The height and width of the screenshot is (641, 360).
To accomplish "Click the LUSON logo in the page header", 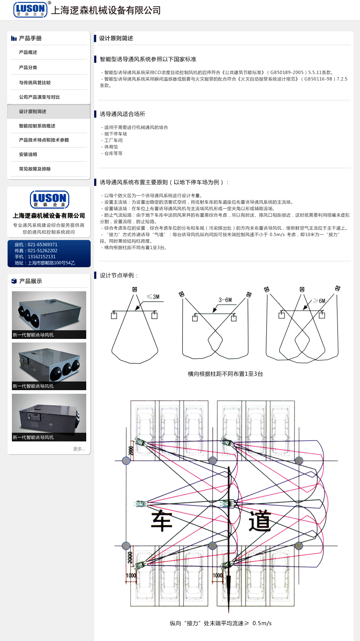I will pyautogui.click(x=31, y=9).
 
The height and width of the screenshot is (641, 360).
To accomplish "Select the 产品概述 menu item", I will pyautogui.click(x=28, y=52).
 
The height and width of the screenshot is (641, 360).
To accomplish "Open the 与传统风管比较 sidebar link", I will pyautogui.click(x=35, y=83).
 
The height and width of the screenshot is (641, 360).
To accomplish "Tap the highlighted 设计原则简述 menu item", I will pyautogui.click(x=33, y=112).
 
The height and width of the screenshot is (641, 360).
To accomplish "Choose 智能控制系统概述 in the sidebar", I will pyautogui.click(x=37, y=126).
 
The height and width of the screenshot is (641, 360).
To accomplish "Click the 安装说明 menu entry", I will pyautogui.click(x=28, y=154).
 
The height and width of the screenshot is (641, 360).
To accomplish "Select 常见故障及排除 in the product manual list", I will pyautogui.click(x=35, y=169).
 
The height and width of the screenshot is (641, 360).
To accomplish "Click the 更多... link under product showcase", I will pyautogui.click(x=79, y=449).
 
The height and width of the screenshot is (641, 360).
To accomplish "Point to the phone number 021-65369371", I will pyautogui.click(x=43, y=245).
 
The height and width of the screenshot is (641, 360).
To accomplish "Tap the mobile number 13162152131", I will pyautogui.click(x=42, y=257).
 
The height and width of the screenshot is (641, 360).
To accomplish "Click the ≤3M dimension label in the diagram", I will pyautogui.click(x=153, y=297).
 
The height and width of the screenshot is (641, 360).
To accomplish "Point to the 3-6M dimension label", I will pyautogui.click(x=225, y=300).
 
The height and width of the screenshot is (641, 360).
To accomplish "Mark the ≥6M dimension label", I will pyautogui.click(x=319, y=301).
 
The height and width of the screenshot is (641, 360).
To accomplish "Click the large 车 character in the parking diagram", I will pyautogui.click(x=161, y=521).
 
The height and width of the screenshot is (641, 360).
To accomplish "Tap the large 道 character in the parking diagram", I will pyautogui.click(x=260, y=521).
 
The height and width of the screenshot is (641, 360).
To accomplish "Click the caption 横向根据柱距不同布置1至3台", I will pyautogui.click(x=225, y=374).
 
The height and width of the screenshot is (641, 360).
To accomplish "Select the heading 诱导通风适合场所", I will pyautogui.click(x=123, y=114).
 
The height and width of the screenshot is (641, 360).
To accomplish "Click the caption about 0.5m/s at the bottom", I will pyautogui.click(x=221, y=623).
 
